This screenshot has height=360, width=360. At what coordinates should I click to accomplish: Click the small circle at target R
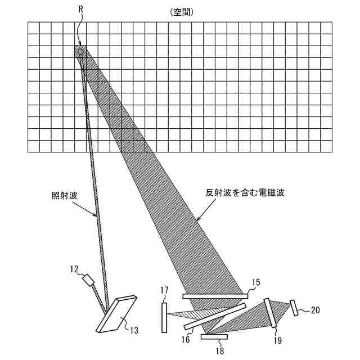80,51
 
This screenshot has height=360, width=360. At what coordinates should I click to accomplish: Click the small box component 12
88,280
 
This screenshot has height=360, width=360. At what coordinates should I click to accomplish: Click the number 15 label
255,283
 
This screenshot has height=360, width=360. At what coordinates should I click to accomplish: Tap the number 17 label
165,291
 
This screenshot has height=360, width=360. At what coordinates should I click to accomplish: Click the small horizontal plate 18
214,337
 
